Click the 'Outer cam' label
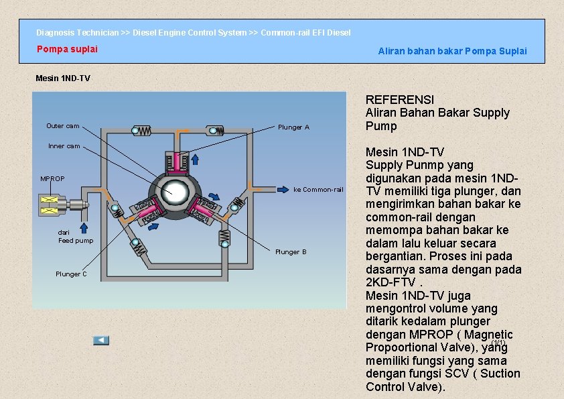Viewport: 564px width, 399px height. coord(62,126)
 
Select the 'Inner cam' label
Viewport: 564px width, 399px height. coord(64,146)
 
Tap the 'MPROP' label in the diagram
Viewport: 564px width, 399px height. coord(52,179)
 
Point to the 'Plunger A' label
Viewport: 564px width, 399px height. coord(293,127)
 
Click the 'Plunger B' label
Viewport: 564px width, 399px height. coord(291,252)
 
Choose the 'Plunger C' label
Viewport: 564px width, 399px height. coord(71,274)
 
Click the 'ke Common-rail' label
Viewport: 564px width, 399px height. coord(318,190)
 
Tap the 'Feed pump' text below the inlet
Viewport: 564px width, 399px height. coord(76,241)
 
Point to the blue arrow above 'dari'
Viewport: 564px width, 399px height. coord(84,213)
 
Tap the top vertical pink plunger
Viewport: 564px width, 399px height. coord(177,162)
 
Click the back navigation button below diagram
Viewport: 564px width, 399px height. coord(100,341)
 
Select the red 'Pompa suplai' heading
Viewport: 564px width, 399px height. coord(67,49)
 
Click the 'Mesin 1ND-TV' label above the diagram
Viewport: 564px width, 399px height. coord(62,78)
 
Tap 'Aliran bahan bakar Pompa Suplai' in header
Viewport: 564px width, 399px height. coord(452,51)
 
